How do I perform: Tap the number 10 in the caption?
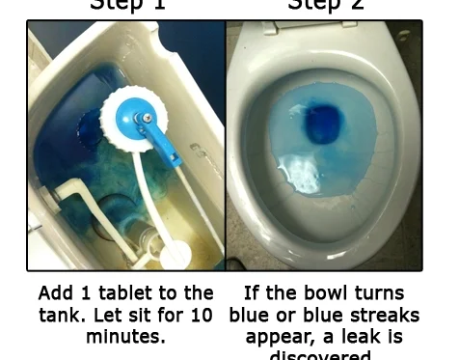202,315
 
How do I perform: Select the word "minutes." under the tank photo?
125,337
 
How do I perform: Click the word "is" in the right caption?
393,337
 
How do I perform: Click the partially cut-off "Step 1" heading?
126,5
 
